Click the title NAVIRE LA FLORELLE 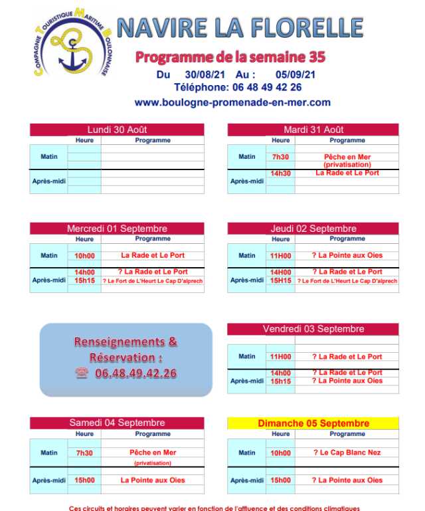click(x=240, y=28)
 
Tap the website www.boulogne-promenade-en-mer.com click(x=232, y=102)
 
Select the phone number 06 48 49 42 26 click(x=266, y=87)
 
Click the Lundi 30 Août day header click(x=117, y=130)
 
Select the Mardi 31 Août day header click(x=313, y=130)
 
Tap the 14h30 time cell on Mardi click(x=280, y=173)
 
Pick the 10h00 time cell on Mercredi click(x=84, y=255)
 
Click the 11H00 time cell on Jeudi click(x=280, y=255)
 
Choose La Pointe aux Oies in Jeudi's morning click(x=347, y=255)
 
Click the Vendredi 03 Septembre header click(x=313, y=329)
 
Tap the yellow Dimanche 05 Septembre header click(x=313, y=423)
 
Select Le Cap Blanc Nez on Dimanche click(x=347, y=453)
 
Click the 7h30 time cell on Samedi click(x=84, y=453)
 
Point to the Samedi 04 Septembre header click(x=117, y=423)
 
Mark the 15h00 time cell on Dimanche click(x=280, y=480)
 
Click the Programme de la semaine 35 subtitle click(x=230, y=57)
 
